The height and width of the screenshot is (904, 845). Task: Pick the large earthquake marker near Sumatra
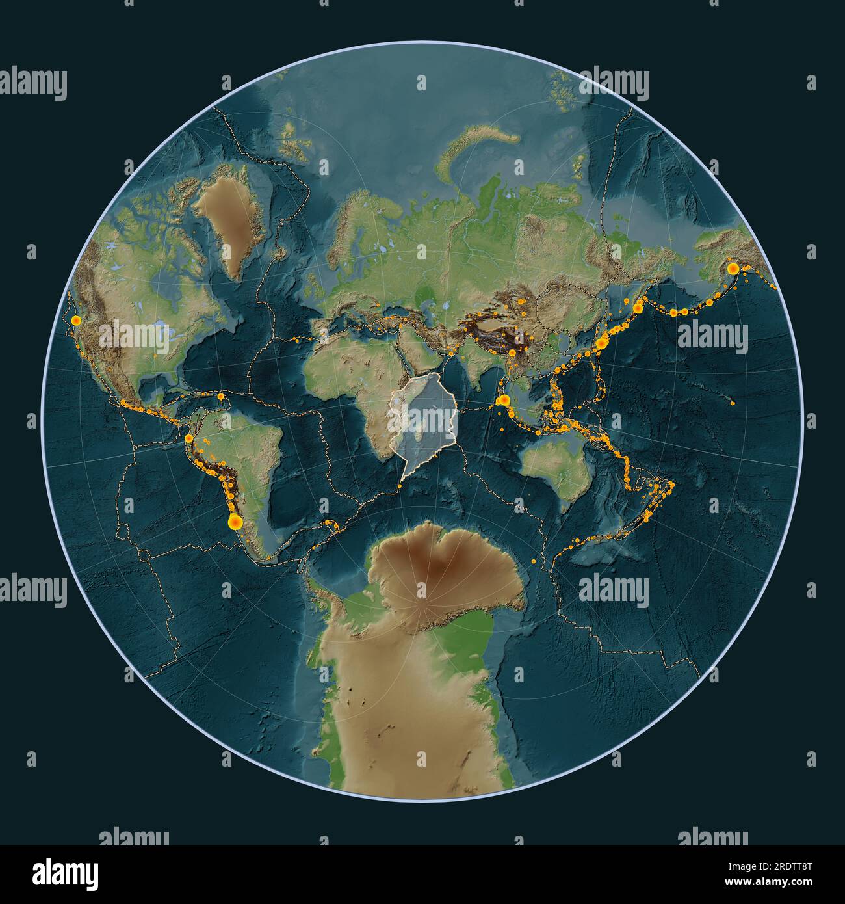(503, 401)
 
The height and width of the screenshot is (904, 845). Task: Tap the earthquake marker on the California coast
(77, 320)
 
